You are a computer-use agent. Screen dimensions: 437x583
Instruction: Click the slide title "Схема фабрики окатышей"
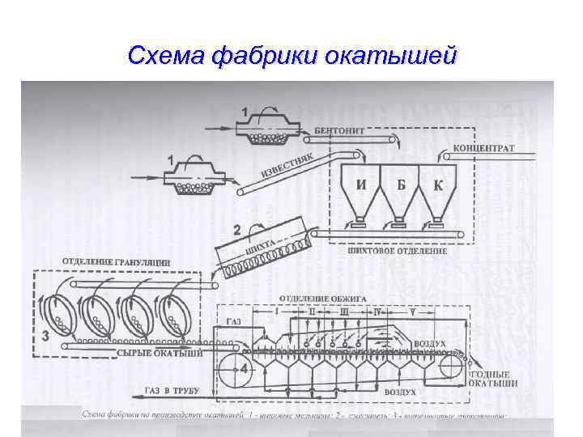coord(291,56)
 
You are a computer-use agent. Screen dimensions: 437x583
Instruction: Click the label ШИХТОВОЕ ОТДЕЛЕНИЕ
coord(396,251)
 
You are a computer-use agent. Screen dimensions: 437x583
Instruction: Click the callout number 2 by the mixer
coord(236,230)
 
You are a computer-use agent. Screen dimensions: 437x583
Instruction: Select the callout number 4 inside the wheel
coord(243,368)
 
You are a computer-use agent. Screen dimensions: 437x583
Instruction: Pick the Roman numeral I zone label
coord(277,310)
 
